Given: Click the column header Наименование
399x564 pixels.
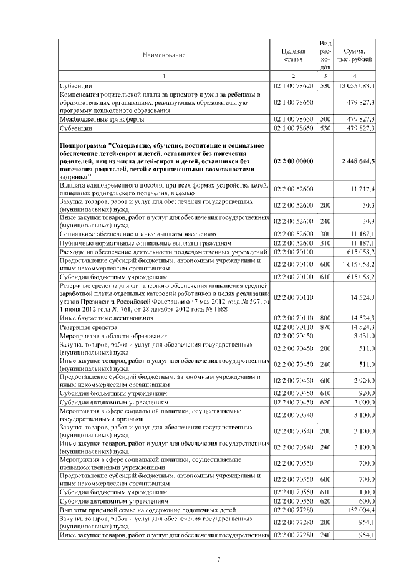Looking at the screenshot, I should tap(164, 55).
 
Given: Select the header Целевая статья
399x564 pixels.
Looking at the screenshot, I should tap(293, 55).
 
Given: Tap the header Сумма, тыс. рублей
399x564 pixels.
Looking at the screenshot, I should tap(355, 55).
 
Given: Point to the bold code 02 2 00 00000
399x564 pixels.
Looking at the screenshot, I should tap(293, 161).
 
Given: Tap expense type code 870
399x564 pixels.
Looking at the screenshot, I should tap(324, 327).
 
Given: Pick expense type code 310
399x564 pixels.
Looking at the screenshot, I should tap(324, 242).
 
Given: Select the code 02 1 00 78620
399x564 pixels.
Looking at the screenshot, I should tap(293, 85).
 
